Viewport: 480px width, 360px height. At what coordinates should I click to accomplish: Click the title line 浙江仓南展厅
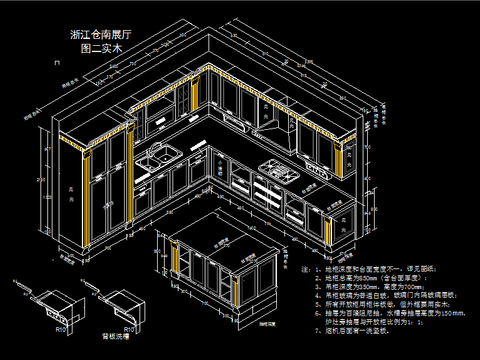[104, 34]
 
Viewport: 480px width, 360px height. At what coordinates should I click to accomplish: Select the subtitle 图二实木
[104, 48]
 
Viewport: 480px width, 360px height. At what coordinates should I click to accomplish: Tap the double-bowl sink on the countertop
[156, 156]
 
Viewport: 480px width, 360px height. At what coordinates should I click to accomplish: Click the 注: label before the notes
[306, 269]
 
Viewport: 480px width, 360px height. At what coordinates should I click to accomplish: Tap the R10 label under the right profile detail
[127, 326]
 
